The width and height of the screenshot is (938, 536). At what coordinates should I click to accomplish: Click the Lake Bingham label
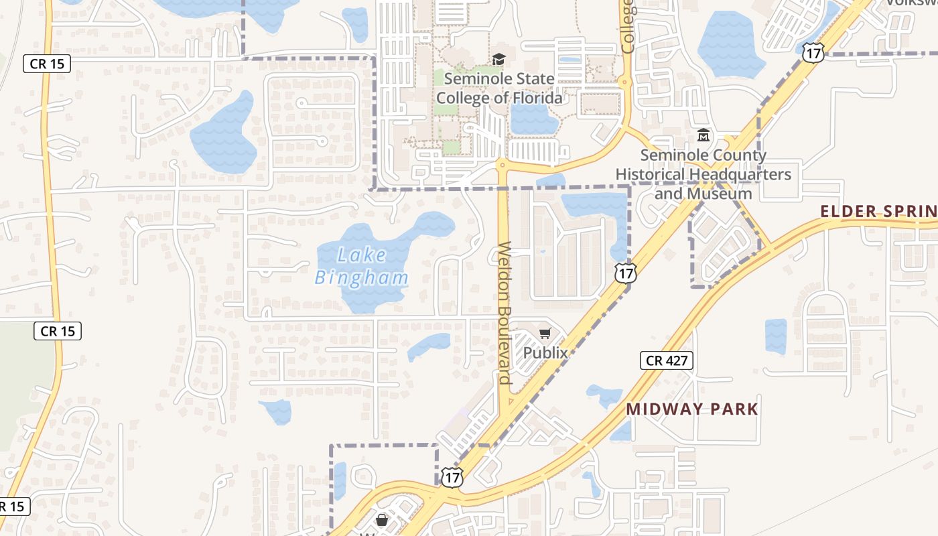[362, 266]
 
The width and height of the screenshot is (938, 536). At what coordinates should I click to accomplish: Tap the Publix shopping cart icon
[545, 333]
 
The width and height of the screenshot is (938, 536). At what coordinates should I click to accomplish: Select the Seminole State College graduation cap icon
[498, 60]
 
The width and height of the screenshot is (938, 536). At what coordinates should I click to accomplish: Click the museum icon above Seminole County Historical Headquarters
[703, 136]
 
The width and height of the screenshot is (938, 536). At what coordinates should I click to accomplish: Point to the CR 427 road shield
[666, 360]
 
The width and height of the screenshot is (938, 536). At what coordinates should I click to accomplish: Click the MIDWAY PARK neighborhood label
[692, 409]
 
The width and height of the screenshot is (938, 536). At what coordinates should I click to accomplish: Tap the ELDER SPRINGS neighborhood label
[878, 211]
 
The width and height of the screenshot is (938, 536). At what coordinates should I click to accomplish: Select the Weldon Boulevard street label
[505, 313]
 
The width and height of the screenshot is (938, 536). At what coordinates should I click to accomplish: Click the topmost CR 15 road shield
[47, 64]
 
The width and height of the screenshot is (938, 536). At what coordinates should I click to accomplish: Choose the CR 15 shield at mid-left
[58, 330]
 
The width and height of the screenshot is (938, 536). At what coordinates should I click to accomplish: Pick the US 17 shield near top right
[813, 54]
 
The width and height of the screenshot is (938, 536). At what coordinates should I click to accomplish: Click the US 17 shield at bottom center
[452, 477]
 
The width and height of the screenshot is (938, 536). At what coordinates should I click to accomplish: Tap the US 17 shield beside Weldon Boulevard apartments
[624, 272]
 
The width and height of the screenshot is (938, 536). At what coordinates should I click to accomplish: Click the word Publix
[545, 352]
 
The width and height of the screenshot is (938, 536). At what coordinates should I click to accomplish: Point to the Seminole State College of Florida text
[499, 88]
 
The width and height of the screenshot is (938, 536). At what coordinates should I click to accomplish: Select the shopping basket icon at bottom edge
[382, 519]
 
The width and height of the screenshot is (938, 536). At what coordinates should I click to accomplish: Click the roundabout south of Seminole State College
[501, 163]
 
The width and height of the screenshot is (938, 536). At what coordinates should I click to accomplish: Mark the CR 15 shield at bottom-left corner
[13, 506]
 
